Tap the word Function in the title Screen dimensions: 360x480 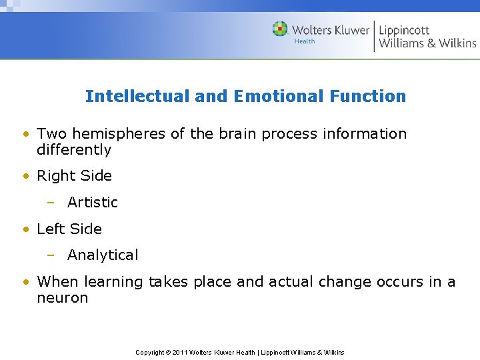(x=367, y=97)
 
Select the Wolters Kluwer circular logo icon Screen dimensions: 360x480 (x=280, y=29)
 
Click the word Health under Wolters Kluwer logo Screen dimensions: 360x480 (x=305, y=41)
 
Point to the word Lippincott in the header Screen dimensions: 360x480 (x=404, y=30)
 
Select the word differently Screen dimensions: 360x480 (x=74, y=150)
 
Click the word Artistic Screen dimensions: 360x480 (x=93, y=203)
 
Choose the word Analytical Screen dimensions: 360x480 (x=103, y=255)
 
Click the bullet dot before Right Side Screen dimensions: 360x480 (x=25, y=177)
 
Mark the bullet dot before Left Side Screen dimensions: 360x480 (x=25, y=229)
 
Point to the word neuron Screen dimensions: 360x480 (x=63, y=298)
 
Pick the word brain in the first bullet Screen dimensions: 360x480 (x=237, y=134)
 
